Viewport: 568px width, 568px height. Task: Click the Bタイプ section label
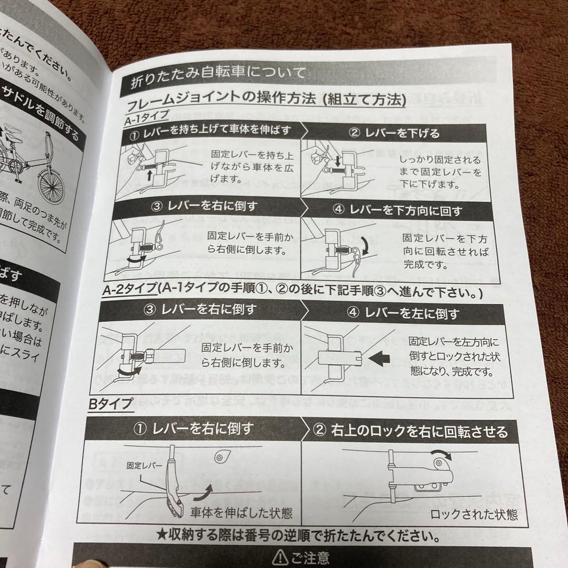110,403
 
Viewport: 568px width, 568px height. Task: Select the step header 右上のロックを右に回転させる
411,432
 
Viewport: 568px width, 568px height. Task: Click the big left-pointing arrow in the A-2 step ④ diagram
383,360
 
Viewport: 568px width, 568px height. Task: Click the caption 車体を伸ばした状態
241,512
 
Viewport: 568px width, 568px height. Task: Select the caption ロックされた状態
474,513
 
